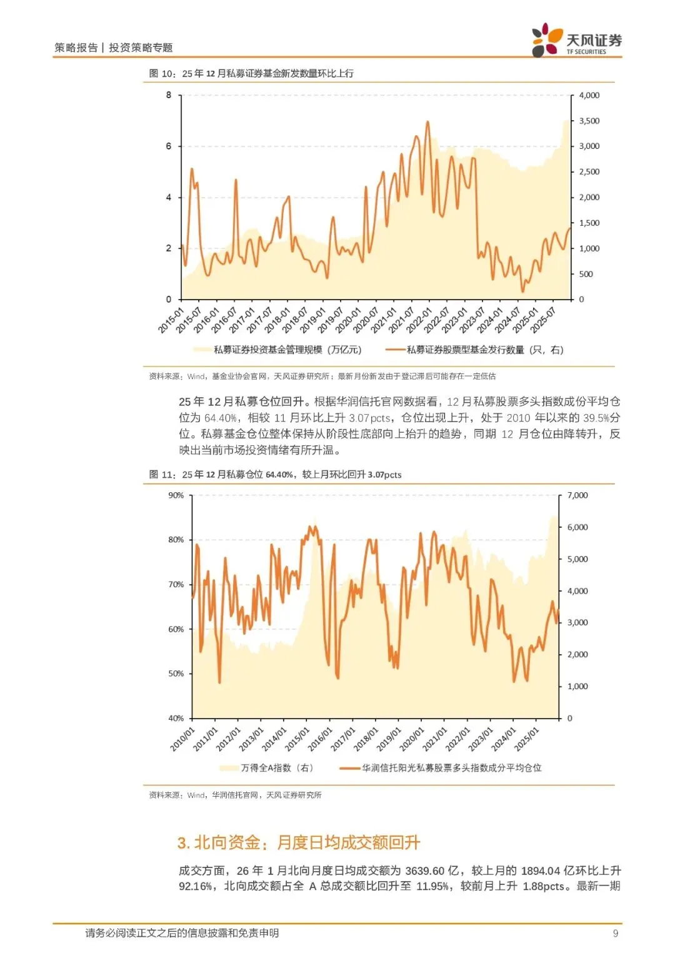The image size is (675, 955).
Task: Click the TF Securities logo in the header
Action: [x=576, y=41]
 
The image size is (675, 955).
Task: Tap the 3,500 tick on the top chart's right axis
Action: [x=589, y=121]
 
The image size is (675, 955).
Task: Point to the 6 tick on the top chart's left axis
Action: [x=169, y=146]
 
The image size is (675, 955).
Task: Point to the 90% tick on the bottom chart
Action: [x=176, y=495]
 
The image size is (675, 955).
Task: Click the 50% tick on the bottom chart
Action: [x=176, y=674]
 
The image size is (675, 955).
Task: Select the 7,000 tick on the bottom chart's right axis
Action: [x=577, y=495]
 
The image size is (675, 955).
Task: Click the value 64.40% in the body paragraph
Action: [x=220, y=418]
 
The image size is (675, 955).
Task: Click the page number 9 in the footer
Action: [x=616, y=933]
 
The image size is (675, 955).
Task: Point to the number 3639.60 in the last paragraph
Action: [x=424, y=871]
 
